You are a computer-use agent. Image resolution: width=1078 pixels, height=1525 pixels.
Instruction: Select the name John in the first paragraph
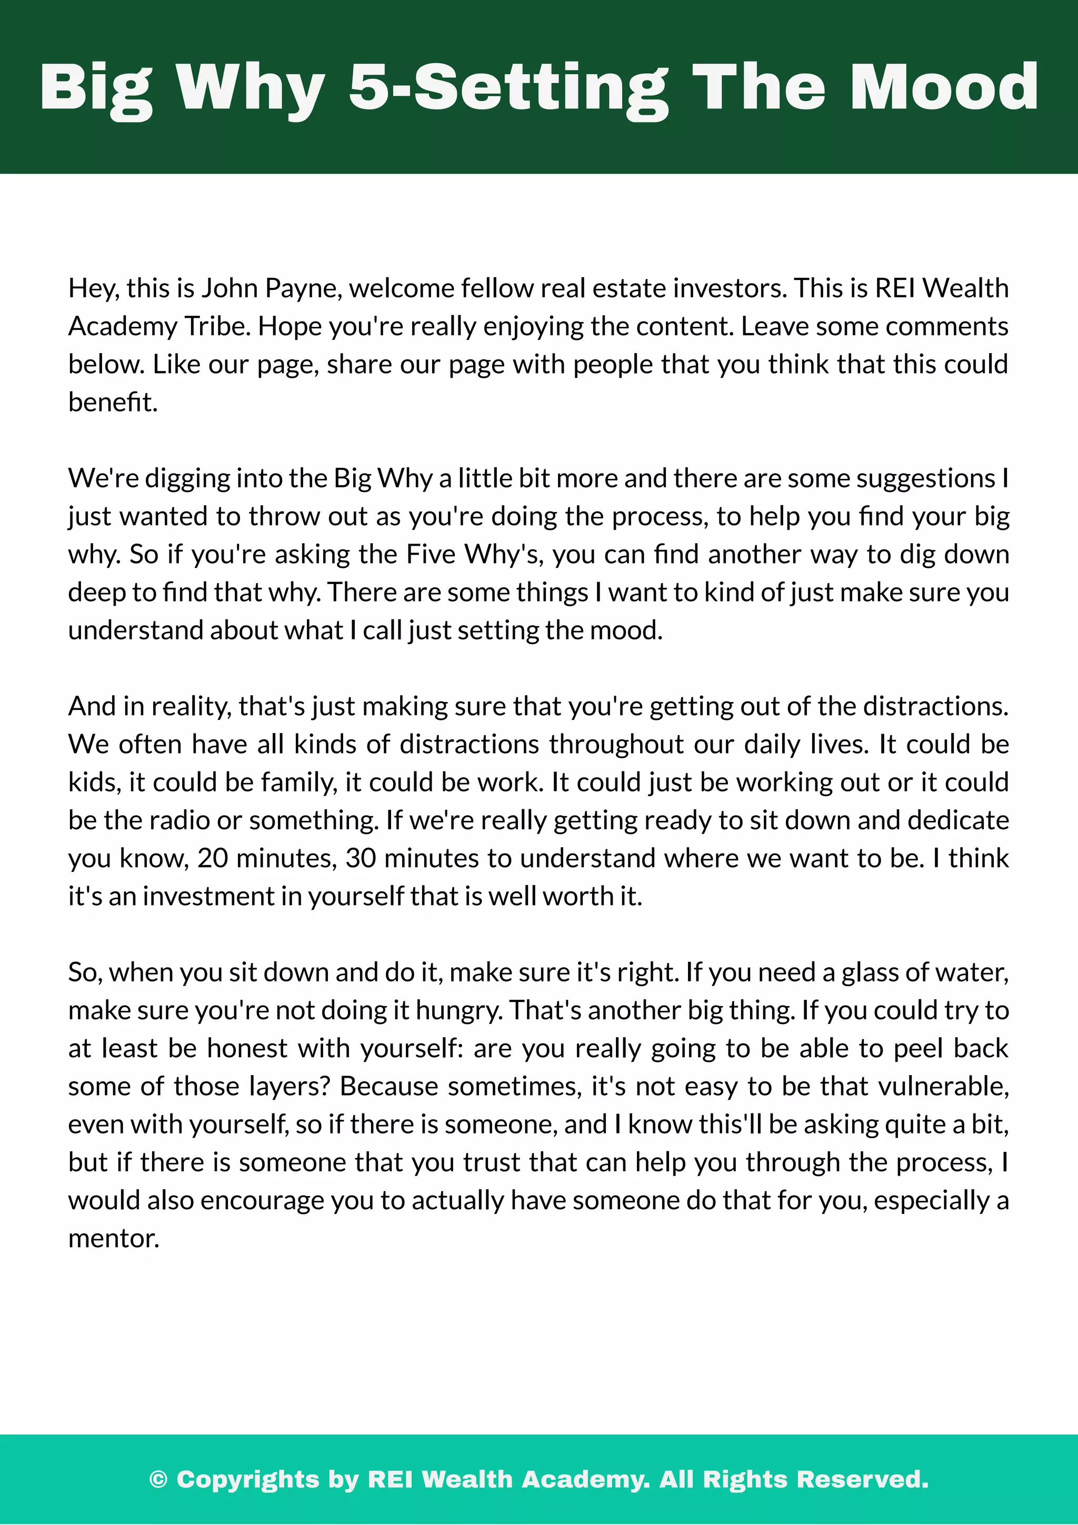[229, 288]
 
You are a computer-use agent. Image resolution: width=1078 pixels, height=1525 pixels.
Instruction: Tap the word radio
[179, 820]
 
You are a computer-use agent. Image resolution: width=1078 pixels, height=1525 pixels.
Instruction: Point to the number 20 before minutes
[213, 858]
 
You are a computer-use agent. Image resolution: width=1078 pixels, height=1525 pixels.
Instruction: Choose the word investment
[208, 896]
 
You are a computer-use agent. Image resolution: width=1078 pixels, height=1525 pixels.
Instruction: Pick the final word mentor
[113, 1239]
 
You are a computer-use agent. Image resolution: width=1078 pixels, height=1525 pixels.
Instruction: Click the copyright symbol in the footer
[158, 1479]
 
